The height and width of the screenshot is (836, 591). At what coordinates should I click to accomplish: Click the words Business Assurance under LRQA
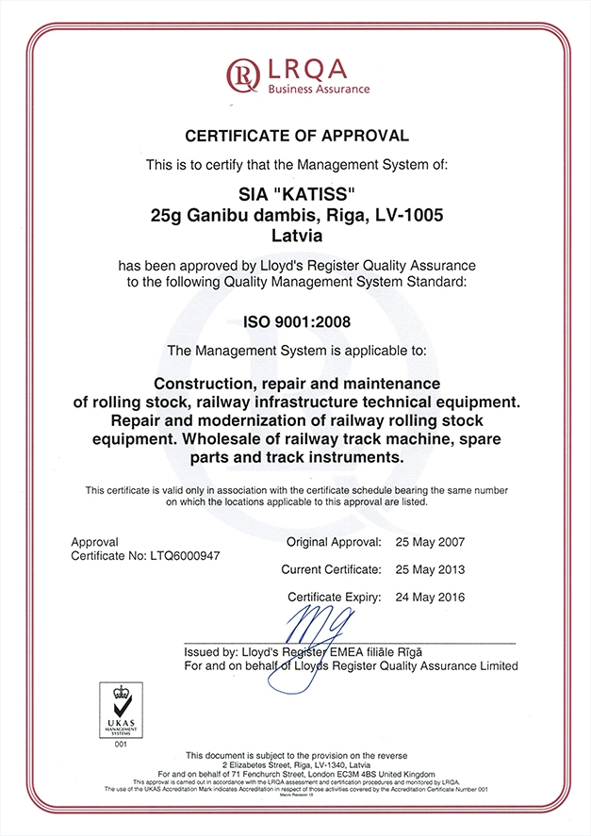pyautogui.click(x=319, y=90)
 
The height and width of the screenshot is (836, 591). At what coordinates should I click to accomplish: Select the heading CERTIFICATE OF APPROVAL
pyautogui.click(x=297, y=136)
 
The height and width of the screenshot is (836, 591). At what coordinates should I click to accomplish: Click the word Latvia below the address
pyautogui.click(x=296, y=235)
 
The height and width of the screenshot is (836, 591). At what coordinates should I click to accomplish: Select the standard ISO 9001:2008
pyautogui.click(x=296, y=321)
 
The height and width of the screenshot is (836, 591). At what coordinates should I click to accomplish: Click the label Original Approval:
pyautogui.click(x=334, y=542)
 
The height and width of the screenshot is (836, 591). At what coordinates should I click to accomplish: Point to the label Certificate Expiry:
pyautogui.click(x=335, y=597)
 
